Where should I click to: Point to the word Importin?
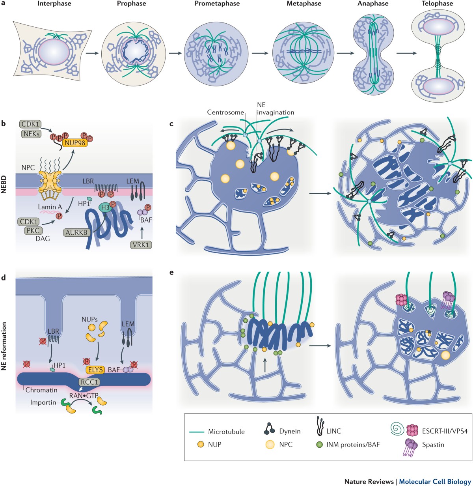(43, 402)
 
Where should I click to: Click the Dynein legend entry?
(290, 431)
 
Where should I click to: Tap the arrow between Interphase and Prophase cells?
(91, 53)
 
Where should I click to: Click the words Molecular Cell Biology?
(435, 481)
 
